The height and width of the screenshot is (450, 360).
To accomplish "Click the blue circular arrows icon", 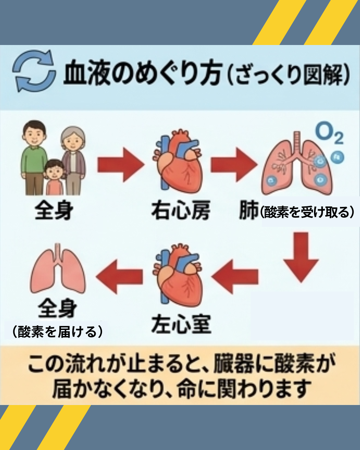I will pyautogui.click(x=34, y=71).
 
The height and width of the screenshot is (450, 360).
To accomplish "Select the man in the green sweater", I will pyautogui.click(x=34, y=157).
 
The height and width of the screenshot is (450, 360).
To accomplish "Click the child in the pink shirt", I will pyautogui.click(x=55, y=177).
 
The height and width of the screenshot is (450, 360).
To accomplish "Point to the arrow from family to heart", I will pyautogui.click(x=121, y=165).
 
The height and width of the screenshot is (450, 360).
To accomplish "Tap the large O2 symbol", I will pyautogui.click(x=329, y=133).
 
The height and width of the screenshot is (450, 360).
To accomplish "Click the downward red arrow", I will pyautogui.click(x=301, y=257).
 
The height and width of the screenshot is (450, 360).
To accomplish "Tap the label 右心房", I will pyautogui.click(x=181, y=211).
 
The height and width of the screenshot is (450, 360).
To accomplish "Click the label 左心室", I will pyautogui.click(x=181, y=324).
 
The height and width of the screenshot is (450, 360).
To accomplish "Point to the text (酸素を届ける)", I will pyautogui.click(x=57, y=332).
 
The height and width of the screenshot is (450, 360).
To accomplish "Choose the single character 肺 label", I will pyautogui.click(x=249, y=211).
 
